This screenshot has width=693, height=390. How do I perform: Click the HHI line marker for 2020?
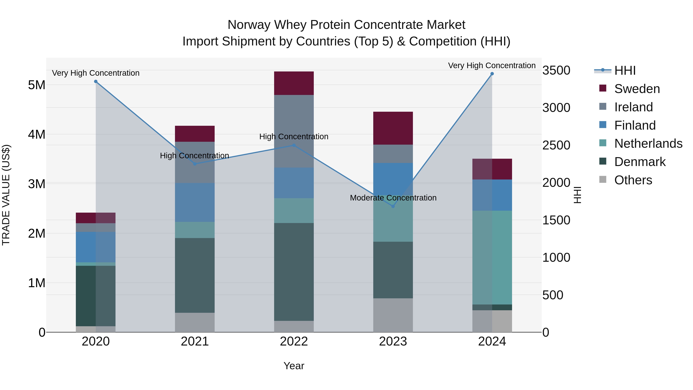96,81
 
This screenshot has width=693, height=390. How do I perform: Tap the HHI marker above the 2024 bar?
492,74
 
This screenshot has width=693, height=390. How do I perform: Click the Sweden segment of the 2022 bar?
294,83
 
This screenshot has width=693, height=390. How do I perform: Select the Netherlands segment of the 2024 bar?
492,257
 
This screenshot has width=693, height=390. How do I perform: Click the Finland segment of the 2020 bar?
96,247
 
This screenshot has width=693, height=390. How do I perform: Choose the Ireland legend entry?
633,107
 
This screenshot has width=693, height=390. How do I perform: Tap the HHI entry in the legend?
625,70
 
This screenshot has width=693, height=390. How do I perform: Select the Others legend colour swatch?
603,179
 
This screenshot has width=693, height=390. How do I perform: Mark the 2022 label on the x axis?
294,341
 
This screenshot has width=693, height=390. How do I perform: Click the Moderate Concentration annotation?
393,198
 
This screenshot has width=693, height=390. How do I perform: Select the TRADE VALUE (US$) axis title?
6,195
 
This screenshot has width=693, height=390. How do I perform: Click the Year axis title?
294,366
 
